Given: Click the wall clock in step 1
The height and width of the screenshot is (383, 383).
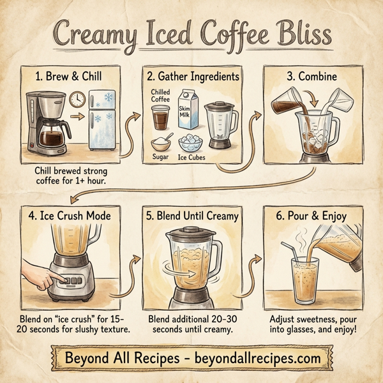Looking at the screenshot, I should pos(78,100).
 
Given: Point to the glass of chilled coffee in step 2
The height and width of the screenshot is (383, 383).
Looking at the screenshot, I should pos(160,118).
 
